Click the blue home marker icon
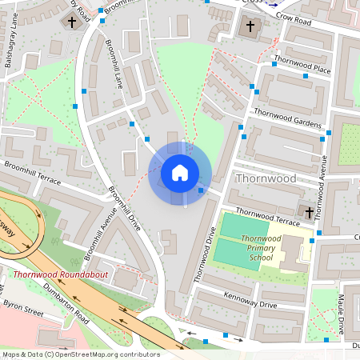(x=180, y=172)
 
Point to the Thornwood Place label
(x=302, y=65)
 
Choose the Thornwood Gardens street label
(x=286, y=118)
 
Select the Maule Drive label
(x=341, y=315)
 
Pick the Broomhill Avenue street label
(x=97, y=238)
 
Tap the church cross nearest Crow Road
(x=250, y=27)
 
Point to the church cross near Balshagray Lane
(x=74, y=22)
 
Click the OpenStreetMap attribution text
(x=80, y=354)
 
